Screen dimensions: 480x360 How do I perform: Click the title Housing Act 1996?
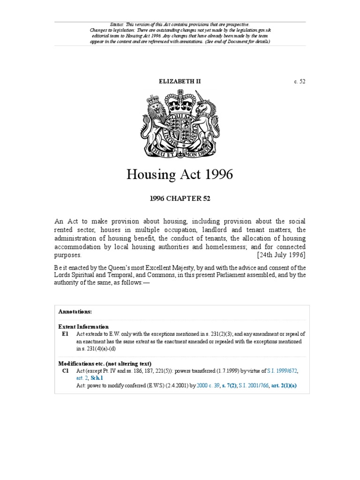click(180, 175)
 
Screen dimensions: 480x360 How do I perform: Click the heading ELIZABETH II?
click(180, 82)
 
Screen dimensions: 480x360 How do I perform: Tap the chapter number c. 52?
click(300, 82)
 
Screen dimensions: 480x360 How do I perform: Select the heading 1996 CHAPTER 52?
click(180, 199)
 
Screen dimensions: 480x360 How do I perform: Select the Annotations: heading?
click(75, 311)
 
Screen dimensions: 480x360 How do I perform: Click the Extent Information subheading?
click(83, 327)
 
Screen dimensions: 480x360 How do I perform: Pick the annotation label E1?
click(65, 334)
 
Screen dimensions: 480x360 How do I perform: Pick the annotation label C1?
click(65, 371)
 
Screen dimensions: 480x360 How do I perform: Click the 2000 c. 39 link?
click(208, 386)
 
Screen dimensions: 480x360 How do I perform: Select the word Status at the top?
click(115, 24)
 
